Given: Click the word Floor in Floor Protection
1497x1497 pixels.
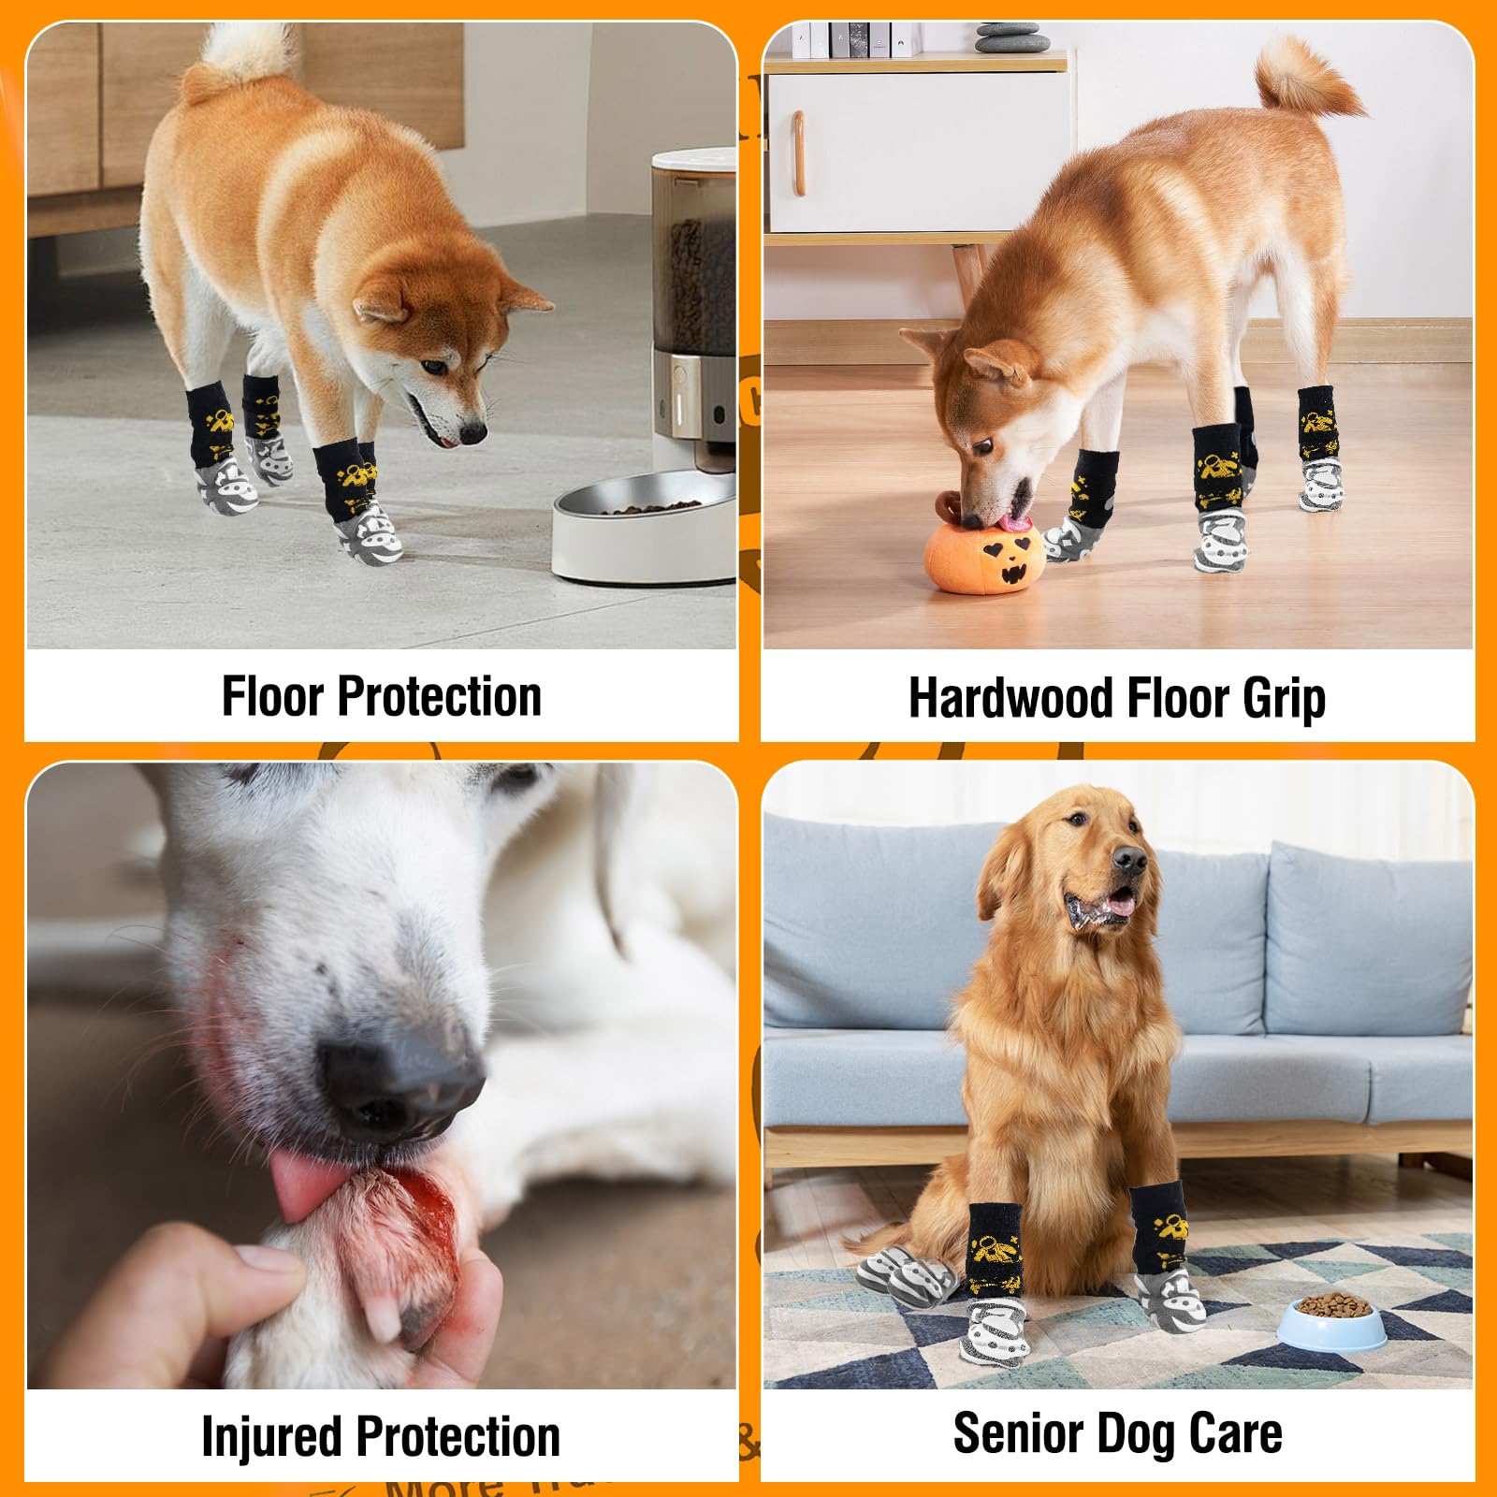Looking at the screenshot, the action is tap(272, 697).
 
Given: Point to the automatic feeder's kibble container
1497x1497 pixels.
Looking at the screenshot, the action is tap(693, 271).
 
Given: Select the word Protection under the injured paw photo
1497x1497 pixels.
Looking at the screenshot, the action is tap(458, 1437).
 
